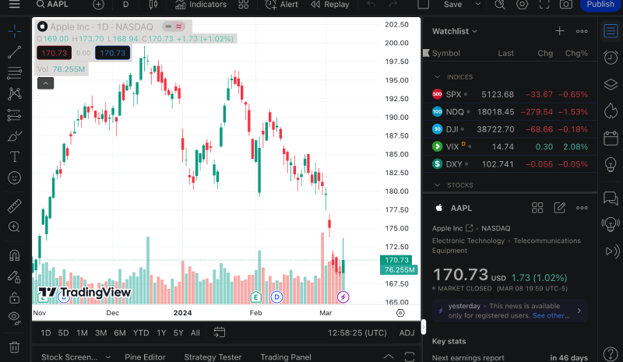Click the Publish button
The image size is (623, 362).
[x=600, y=5]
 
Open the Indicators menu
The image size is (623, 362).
[x=201, y=5]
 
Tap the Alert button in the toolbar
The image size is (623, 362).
[x=282, y=5]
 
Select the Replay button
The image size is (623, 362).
[x=329, y=5]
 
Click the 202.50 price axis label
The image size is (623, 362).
[x=397, y=24]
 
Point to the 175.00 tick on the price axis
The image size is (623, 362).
[x=397, y=228]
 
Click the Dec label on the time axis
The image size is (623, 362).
[x=113, y=313]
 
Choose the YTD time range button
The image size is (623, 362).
[x=141, y=332]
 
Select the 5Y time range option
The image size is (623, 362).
[x=178, y=332]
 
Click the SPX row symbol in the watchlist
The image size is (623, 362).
[x=453, y=94]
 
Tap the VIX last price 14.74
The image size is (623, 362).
[x=503, y=146]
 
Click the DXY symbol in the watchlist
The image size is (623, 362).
[x=454, y=163]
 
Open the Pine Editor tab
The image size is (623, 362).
[x=144, y=357]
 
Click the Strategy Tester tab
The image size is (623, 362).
[x=213, y=357]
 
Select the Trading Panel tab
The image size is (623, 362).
[x=286, y=357]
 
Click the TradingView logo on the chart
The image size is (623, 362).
[x=85, y=293]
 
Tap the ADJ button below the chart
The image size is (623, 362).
[x=407, y=332]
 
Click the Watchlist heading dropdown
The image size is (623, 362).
[x=455, y=31]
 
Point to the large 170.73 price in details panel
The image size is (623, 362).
[x=460, y=275]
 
